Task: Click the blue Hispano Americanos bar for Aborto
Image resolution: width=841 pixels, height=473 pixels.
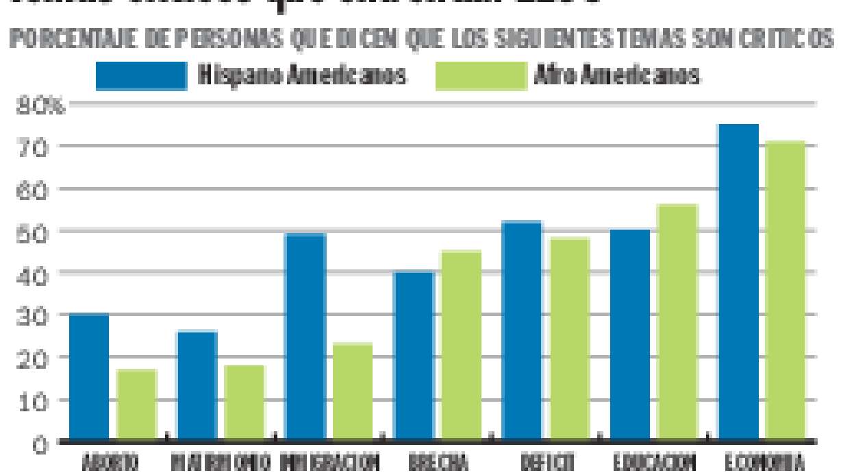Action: click(89, 376)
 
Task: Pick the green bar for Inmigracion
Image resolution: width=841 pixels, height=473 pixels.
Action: click(353, 391)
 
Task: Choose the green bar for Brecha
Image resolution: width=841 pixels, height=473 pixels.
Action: click(461, 345)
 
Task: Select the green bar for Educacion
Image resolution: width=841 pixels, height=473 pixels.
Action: click(677, 322)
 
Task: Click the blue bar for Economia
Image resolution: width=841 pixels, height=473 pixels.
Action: click(738, 282)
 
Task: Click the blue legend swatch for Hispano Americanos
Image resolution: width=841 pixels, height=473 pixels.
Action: click(141, 76)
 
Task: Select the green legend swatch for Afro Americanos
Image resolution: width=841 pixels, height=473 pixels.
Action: click(479, 76)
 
